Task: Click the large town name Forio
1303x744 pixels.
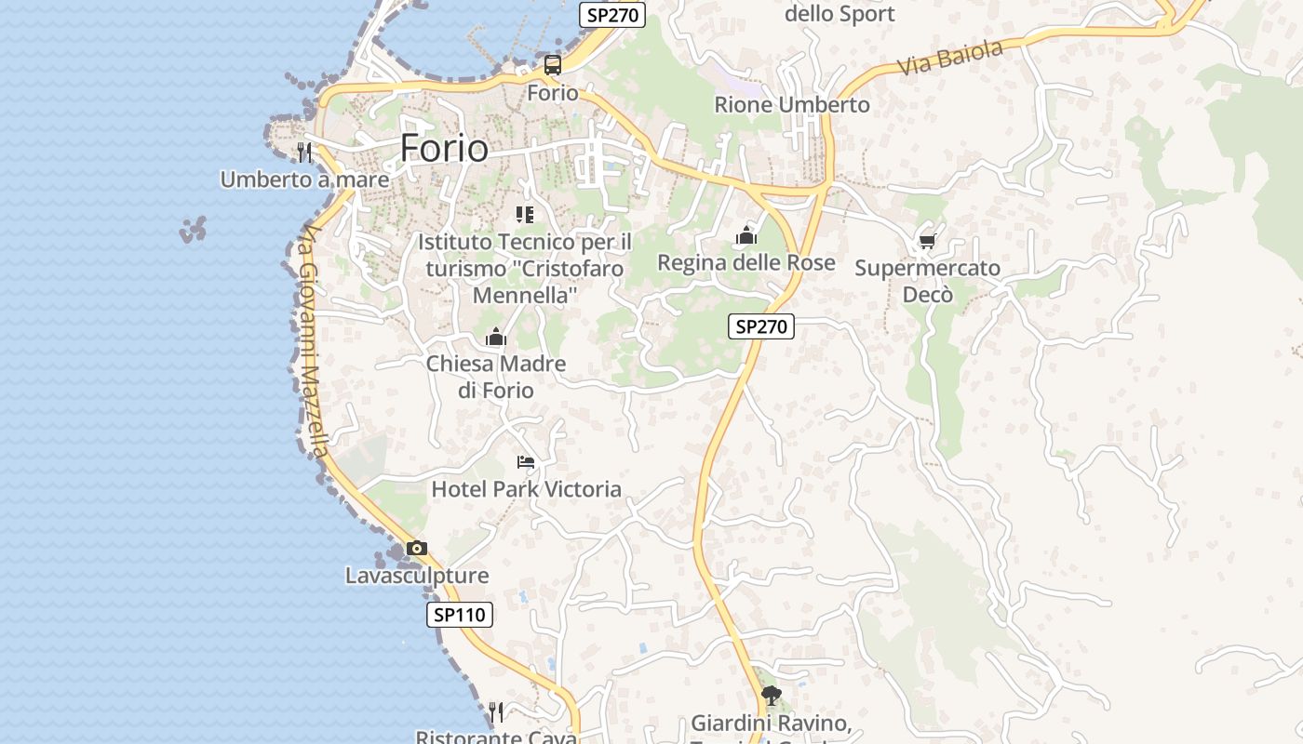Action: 444,149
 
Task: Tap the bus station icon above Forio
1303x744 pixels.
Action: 553,65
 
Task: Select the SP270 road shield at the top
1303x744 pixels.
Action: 611,15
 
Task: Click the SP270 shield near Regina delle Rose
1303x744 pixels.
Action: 760,326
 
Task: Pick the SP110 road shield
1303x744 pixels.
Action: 460,615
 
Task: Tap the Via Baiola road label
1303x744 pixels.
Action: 950,58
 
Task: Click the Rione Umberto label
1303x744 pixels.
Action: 791,105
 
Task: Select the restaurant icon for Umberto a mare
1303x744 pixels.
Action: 304,152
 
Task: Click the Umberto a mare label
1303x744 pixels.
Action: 304,179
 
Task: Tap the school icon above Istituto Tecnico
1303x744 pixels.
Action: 525,215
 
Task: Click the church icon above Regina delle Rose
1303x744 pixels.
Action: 746,236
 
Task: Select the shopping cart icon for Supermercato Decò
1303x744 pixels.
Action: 927,242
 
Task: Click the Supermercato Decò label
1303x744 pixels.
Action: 927,281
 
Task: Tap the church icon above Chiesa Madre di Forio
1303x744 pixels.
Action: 496,337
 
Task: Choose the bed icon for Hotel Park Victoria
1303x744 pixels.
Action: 526,462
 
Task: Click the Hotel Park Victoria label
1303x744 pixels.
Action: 526,489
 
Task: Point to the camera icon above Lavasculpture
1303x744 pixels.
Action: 417,549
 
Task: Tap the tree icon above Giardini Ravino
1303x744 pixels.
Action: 771,695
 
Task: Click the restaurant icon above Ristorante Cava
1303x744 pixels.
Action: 496,712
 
